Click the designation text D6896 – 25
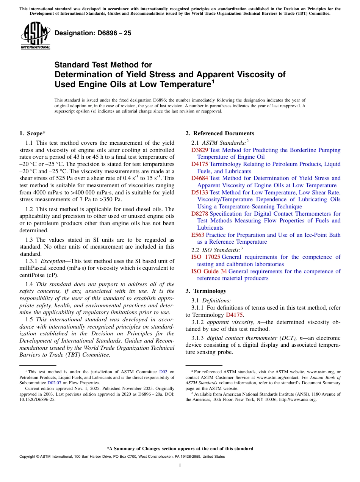(x=93, y=33)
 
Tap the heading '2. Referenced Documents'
(x=220, y=133)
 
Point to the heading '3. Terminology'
(x=206, y=291)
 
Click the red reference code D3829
(x=200, y=150)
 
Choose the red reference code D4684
(x=200, y=178)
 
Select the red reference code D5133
(x=200, y=192)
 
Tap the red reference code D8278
(x=200, y=214)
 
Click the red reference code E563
(x=198, y=235)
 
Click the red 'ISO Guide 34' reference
(x=209, y=271)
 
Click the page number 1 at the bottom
(x=180, y=466)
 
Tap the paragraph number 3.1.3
(x=197, y=338)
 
